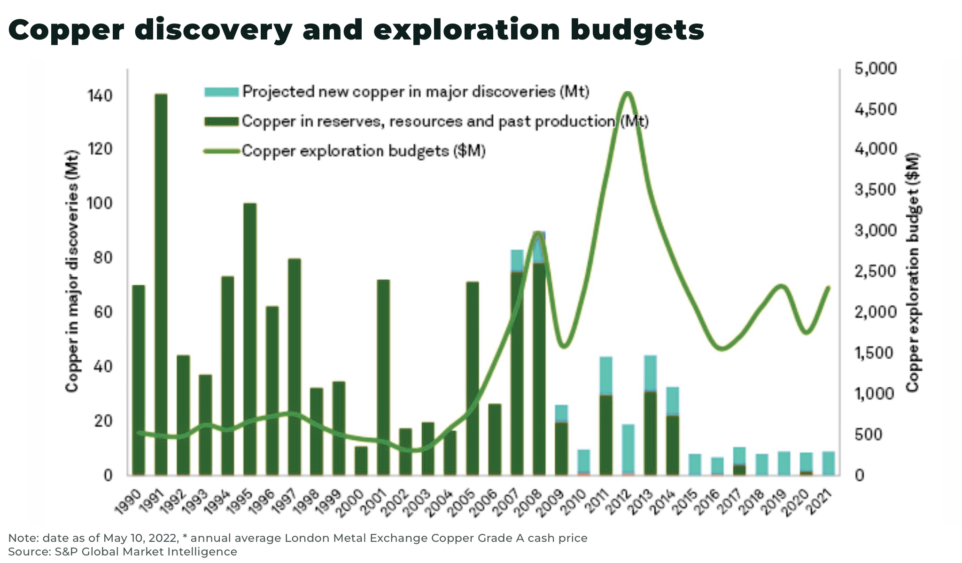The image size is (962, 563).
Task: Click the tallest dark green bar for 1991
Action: (x=161, y=284)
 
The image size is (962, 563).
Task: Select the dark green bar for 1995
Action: (x=250, y=338)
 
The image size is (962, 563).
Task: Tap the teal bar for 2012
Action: (x=628, y=449)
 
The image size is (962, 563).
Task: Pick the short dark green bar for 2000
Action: (x=361, y=461)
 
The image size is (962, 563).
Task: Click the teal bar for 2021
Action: (x=829, y=463)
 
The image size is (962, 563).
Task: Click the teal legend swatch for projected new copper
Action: (x=221, y=92)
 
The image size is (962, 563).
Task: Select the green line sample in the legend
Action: (x=221, y=151)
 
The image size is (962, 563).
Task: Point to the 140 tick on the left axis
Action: (x=100, y=96)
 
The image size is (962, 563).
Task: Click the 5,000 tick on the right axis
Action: (x=875, y=69)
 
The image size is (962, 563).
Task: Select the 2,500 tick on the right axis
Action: (x=875, y=272)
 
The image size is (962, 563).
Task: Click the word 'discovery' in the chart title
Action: (x=213, y=30)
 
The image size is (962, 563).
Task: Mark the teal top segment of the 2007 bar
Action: (x=517, y=260)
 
